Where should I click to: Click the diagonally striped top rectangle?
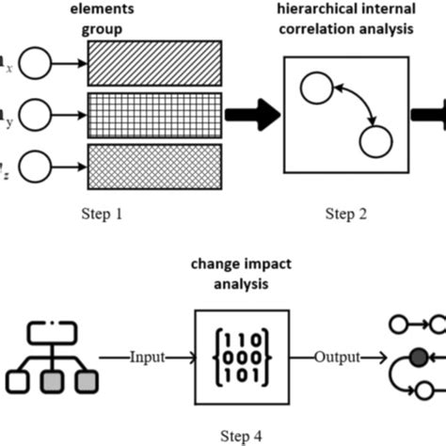(x=154, y=68)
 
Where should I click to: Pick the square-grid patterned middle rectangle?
(x=154, y=116)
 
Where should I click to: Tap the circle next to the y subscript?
(x=36, y=116)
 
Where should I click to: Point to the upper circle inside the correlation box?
(x=316, y=90)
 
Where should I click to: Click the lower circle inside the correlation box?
(x=375, y=142)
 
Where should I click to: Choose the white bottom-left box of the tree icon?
(x=21, y=382)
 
